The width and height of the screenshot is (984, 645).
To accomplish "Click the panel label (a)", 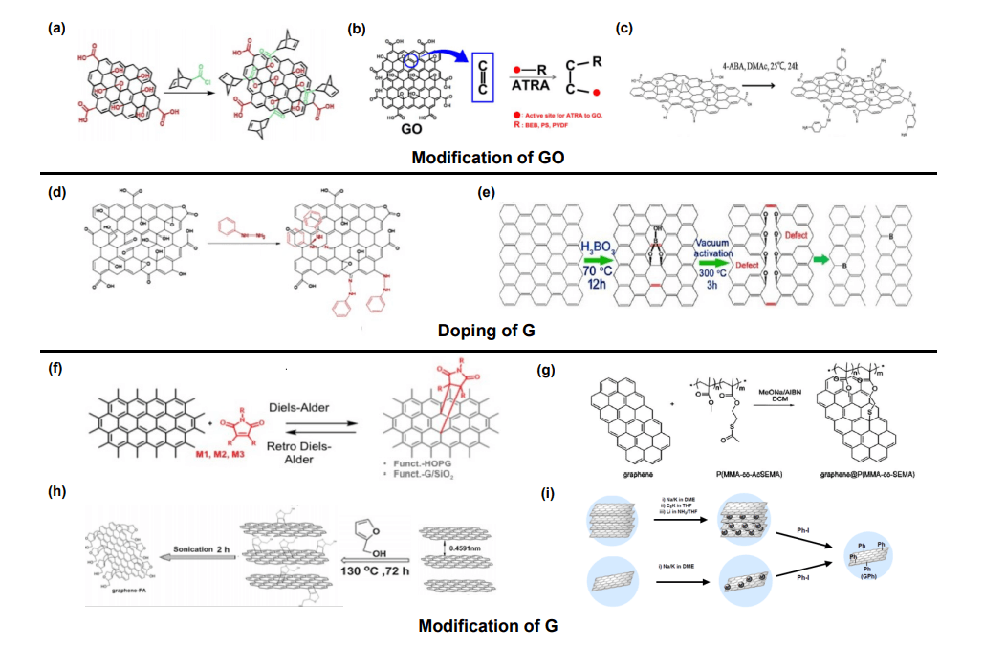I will (x=56, y=29).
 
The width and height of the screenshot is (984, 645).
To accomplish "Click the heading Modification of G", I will (x=488, y=627).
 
